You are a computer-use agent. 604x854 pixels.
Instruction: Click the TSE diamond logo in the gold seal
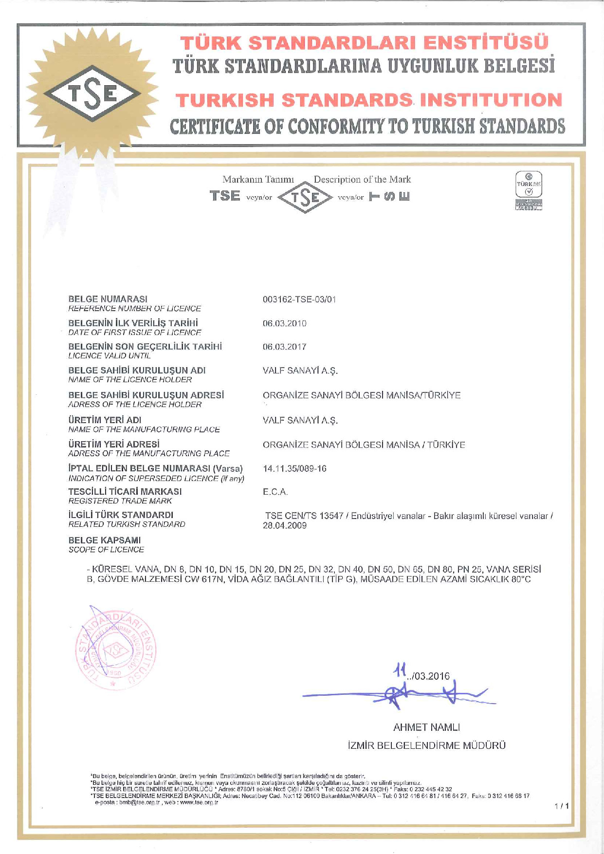pos(92,93)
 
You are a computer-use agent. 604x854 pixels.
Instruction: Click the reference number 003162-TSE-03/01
pos(299,299)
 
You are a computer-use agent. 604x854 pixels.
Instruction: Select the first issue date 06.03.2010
pos(284,323)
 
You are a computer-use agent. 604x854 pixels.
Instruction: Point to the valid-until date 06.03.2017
pos(284,347)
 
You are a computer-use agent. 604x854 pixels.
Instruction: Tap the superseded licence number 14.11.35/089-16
pos(294,468)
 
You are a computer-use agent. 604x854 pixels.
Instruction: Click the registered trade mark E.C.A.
pos(275,492)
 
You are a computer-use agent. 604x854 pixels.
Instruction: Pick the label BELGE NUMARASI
pos(108,299)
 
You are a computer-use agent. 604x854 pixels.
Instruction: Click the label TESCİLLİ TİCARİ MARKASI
pos(125,491)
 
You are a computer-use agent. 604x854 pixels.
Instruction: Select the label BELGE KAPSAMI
pos(104,540)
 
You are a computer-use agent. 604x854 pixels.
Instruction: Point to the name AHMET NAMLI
pos(426,727)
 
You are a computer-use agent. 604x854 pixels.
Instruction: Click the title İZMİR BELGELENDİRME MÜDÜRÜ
pos(426,745)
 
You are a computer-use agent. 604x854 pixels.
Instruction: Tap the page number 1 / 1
pos(561,806)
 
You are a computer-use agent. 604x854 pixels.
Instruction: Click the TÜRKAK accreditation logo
pos(529,191)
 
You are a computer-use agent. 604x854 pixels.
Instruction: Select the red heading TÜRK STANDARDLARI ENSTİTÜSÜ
pos(364,43)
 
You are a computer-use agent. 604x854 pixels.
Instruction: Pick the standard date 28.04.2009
pos(284,525)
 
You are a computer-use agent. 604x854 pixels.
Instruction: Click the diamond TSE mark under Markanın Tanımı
pos(305,197)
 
